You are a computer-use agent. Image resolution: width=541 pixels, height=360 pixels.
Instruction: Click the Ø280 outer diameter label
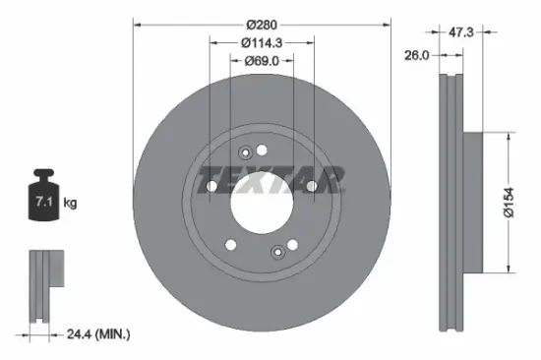point(261,23)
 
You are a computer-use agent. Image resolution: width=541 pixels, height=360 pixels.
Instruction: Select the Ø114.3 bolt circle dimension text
point(261,42)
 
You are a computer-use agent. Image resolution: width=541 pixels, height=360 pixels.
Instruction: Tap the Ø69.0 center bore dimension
point(261,61)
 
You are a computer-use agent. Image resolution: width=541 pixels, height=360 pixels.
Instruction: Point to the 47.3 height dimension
point(459,32)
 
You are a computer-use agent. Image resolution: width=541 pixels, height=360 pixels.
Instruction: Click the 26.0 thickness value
point(417,56)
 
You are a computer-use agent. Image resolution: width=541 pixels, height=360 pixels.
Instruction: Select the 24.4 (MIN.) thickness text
point(95,335)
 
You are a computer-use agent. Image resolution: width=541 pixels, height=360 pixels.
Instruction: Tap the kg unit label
point(69,203)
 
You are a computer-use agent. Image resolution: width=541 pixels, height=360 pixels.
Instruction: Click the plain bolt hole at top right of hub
point(262,150)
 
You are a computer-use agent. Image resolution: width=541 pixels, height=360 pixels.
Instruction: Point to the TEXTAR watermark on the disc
point(270,181)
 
